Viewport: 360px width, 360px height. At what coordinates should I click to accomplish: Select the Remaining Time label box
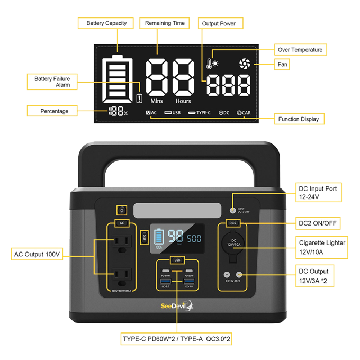(165, 23)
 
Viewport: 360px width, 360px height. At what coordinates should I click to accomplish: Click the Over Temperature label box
(300, 50)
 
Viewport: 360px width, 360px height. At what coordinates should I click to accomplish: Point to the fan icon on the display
(245, 65)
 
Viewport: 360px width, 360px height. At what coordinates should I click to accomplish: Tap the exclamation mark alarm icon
(139, 98)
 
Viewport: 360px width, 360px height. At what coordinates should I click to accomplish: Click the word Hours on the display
(183, 101)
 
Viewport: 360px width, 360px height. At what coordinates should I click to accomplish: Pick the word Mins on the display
(157, 101)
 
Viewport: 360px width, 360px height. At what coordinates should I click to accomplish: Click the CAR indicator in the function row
(244, 113)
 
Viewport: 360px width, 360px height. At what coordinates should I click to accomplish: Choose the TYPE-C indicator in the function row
(199, 113)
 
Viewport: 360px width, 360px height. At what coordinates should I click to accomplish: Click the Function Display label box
(299, 119)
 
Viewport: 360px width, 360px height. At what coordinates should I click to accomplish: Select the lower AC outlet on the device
(122, 275)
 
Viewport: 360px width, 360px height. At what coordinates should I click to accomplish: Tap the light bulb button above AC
(122, 210)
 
